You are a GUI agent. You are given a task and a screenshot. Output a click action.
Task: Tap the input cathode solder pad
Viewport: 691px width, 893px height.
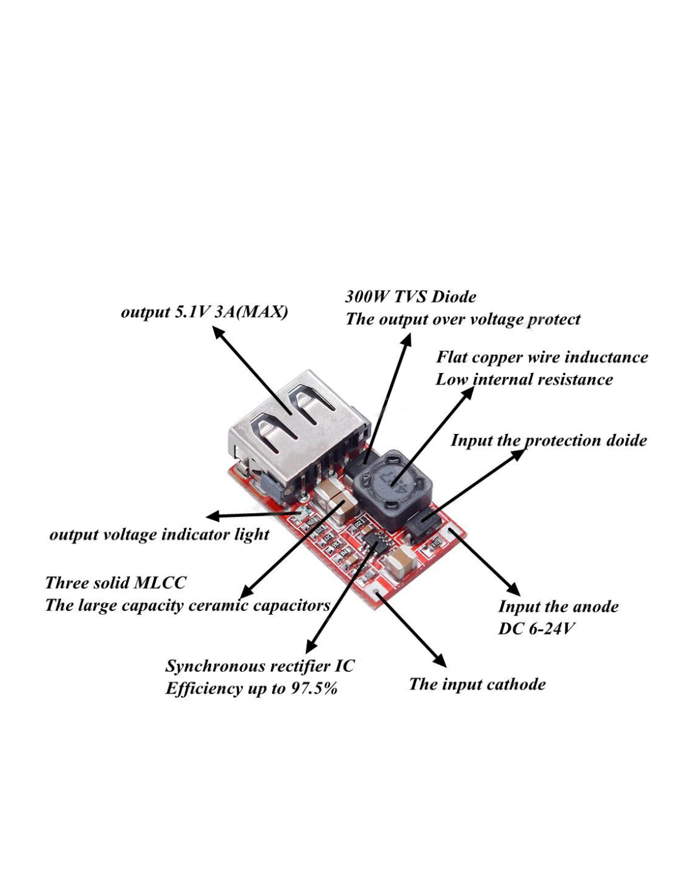pyautogui.click(x=376, y=592)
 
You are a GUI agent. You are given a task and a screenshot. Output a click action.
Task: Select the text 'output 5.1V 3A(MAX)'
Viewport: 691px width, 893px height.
pyautogui.click(x=204, y=312)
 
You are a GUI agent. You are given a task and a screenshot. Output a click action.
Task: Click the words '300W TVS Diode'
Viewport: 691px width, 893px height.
pyautogui.click(x=410, y=296)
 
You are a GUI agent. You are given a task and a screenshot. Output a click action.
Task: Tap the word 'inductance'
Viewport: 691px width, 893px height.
pyautogui.click(x=607, y=357)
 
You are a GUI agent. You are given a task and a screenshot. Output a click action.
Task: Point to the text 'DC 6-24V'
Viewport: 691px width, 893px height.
pyautogui.click(x=536, y=629)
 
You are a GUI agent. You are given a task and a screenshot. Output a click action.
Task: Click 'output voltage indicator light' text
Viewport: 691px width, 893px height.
pyautogui.click(x=159, y=534)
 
